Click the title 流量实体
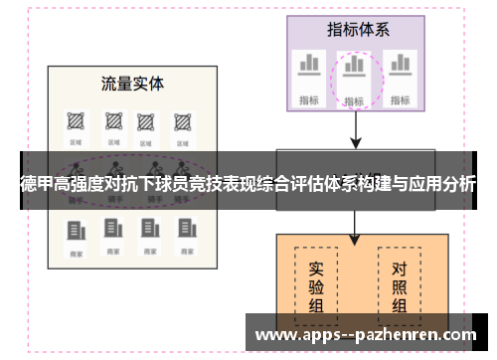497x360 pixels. point(132,83)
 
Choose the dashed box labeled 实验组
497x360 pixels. point(317,284)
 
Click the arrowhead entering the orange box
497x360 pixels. point(355,240)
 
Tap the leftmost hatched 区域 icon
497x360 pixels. point(74,120)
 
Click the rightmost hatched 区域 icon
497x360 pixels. point(182,120)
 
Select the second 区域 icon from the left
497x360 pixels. point(109,120)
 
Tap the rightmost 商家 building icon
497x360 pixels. point(184,232)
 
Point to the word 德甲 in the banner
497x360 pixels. point(37,184)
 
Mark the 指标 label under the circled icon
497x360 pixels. point(353,100)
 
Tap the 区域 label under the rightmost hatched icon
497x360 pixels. point(182,141)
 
